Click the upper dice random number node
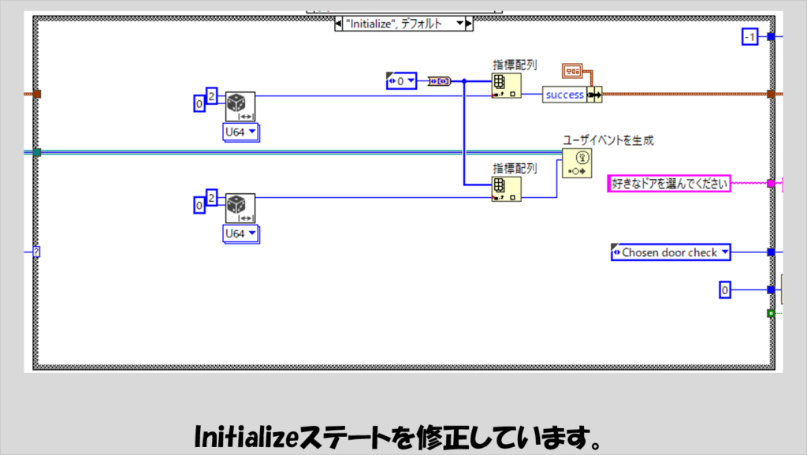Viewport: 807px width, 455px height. [240, 106]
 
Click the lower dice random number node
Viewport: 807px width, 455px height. [240, 208]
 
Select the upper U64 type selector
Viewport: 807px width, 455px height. [240, 132]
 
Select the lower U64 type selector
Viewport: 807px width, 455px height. [240, 233]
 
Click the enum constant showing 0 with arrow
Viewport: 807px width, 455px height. [401, 80]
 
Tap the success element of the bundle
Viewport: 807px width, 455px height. [564, 95]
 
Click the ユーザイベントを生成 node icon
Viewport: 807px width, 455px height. [576, 164]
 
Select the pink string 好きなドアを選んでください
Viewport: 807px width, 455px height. [669, 184]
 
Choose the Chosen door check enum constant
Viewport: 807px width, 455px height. [671, 252]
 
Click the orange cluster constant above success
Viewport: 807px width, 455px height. [573, 72]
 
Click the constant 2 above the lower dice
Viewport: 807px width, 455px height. [211, 196]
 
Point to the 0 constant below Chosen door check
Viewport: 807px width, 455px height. [725, 290]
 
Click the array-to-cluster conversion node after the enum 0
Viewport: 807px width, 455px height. [440, 80]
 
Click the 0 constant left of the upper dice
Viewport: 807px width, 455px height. [200, 103]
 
